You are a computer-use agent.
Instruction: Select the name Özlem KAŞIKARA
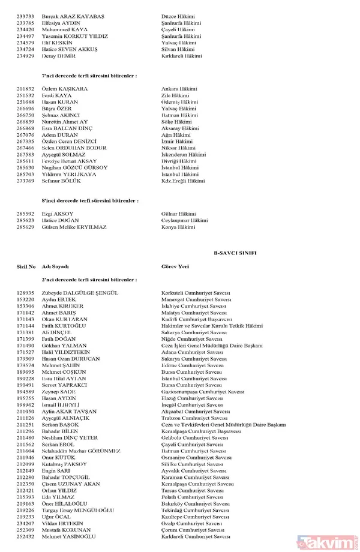click(65, 89)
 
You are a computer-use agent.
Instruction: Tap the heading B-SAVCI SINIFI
click(235, 254)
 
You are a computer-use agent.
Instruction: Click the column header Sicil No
click(26, 266)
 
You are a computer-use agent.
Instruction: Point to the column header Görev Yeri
click(175, 266)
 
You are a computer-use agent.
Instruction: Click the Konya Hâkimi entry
click(178, 227)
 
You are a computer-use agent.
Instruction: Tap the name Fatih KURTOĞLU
click(65, 325)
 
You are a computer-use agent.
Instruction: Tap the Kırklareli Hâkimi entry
click(182, 56)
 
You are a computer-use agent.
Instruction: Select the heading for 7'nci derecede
click(89, 76)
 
